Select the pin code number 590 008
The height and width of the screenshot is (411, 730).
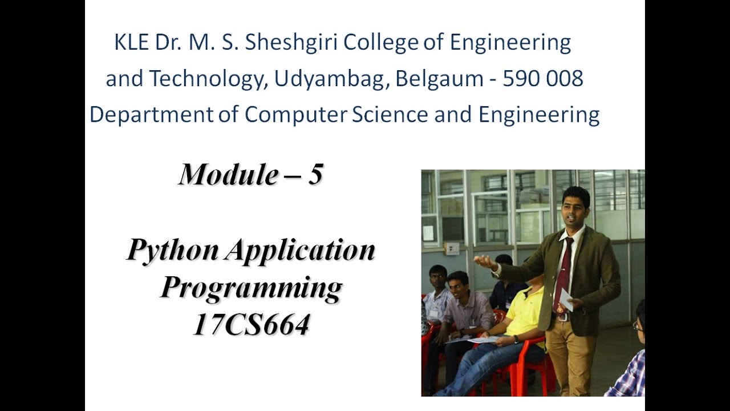[542, 79]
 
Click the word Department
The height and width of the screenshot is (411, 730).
[151, 115]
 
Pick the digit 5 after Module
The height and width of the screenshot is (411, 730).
[315, 175]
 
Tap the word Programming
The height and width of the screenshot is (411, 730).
[251, 288]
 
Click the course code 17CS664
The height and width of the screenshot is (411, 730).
[251, 325]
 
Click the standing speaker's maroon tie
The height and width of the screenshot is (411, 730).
[563, 274]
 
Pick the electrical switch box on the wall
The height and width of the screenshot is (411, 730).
[452, 249]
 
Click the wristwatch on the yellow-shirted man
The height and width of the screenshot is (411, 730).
[516, 339]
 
